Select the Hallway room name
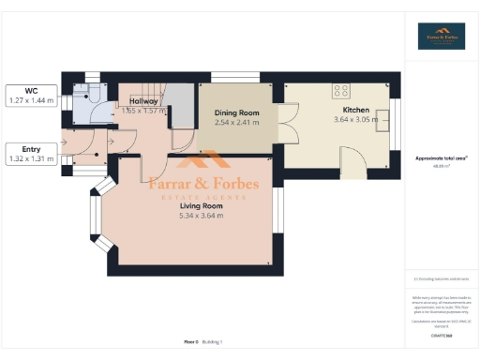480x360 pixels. pos(143,100)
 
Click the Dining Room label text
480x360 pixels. pos(236,112)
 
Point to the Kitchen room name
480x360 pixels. pos(355,110)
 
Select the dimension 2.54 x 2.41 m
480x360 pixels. pos(236,122)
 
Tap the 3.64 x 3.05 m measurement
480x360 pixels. pos(355,119)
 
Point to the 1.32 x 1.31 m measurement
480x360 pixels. pos(30,159)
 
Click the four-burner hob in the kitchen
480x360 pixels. pos(341,92)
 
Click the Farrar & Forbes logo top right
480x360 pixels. pos(441,36)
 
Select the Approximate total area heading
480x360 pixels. pos(441,158)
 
